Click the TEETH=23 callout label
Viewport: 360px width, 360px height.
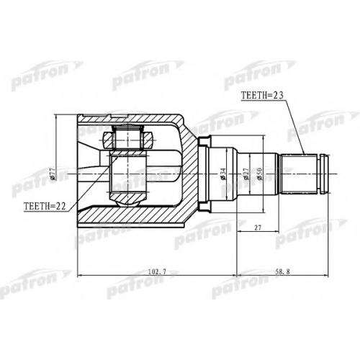(262, 95)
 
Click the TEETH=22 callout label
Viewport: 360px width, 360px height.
(45, 206)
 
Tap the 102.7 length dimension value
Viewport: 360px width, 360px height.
(157, 271)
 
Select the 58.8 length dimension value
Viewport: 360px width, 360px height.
(283, 271)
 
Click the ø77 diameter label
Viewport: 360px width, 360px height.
(53, 174)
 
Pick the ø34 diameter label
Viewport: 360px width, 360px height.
(223, 174)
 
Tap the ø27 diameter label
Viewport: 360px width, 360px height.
(246, 174)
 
